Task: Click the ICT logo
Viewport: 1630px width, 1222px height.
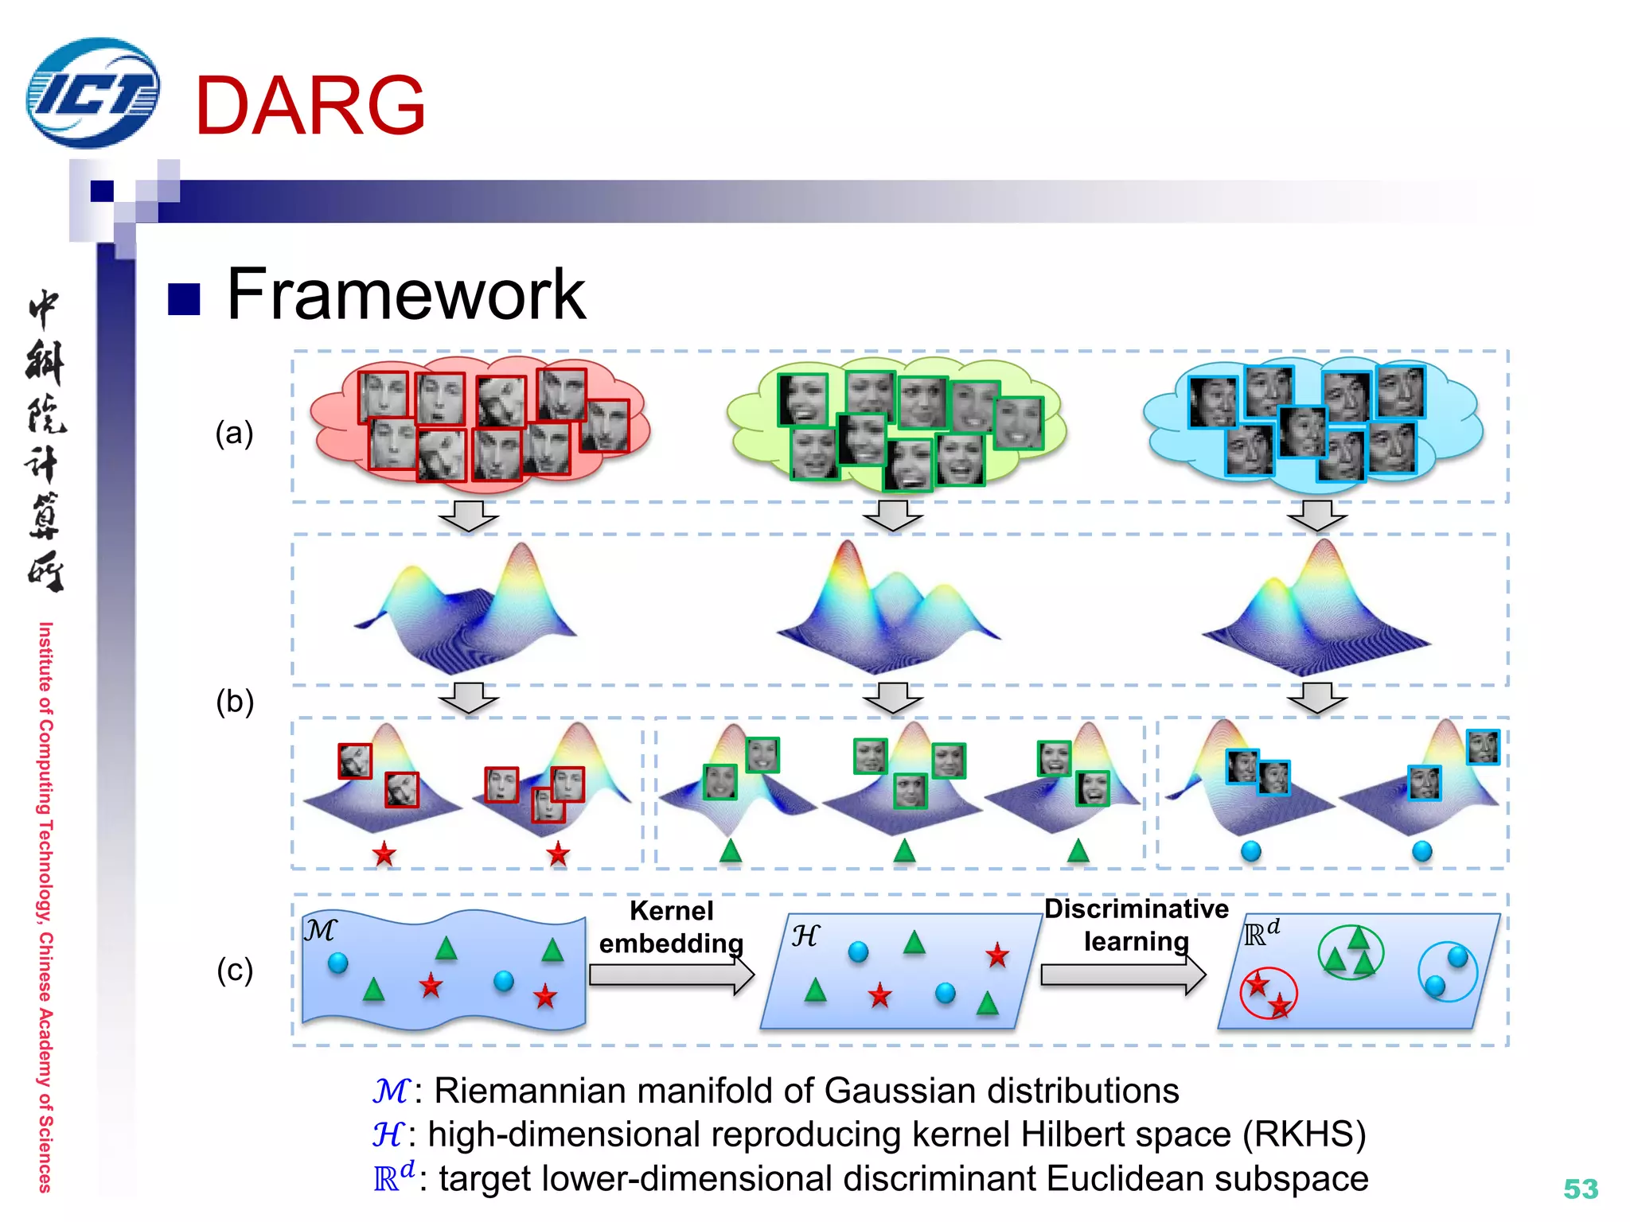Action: coord(93,93)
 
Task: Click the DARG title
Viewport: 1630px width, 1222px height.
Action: coord(310,106)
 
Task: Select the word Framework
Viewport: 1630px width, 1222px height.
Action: coord(406,295)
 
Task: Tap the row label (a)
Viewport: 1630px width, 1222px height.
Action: coord(234,434)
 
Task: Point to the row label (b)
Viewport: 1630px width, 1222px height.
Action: coord(235,702)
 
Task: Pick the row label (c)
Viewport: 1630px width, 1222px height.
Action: coord(235,970)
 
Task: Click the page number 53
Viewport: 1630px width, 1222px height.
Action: coord(1580,1189)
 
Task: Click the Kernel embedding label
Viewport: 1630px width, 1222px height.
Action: coord(671,927)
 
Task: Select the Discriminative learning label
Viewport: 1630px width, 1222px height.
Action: coord(1136,924)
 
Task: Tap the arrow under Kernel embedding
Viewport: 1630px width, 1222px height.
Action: coord(671,975)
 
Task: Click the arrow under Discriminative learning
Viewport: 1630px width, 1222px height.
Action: coord(1122,975)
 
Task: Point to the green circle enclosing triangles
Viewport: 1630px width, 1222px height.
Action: coord(1351,952)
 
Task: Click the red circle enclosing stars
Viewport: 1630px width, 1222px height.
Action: coord(1269,993)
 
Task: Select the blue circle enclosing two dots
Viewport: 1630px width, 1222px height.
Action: coord(1448,971)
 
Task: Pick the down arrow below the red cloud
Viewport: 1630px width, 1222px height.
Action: coord(469,516)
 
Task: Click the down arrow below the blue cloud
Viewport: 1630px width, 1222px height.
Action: coord(1317,516)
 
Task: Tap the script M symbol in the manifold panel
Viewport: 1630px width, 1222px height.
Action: coord(321,930)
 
